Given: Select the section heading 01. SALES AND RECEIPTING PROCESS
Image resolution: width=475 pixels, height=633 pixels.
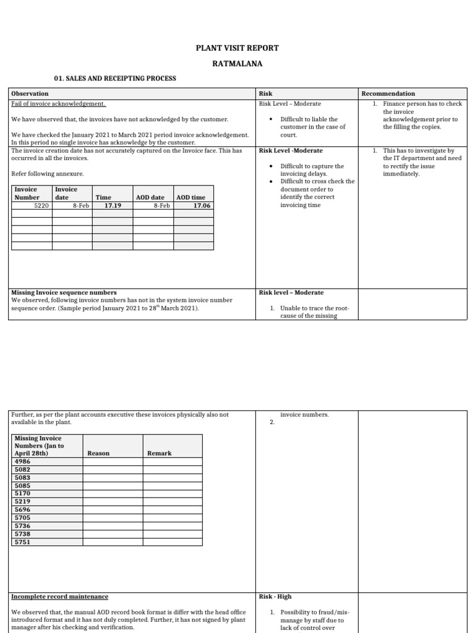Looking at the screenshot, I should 116,79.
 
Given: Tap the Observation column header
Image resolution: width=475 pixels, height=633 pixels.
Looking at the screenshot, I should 30,93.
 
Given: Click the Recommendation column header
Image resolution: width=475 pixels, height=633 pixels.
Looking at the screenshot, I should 388,93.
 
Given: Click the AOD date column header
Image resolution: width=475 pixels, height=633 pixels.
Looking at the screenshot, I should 150,197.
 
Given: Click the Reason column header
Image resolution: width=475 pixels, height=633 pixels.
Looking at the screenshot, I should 98,453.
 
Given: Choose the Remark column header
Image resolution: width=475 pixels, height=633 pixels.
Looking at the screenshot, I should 159,453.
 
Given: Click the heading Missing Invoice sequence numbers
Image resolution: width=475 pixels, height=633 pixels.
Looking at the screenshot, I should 64,292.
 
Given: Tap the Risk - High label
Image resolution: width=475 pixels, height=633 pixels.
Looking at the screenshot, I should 275,597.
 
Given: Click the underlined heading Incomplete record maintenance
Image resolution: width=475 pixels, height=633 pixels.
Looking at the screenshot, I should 60,597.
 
